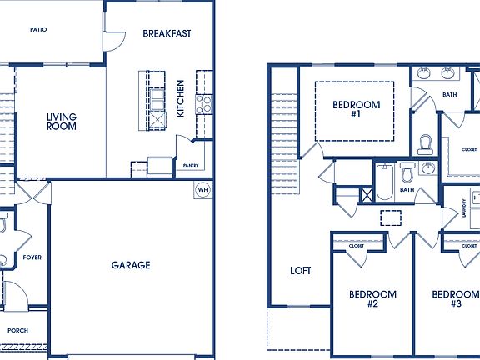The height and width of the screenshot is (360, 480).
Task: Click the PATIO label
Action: (38, 29)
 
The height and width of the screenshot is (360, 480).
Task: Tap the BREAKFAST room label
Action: (167, 34)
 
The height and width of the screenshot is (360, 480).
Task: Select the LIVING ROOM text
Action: (62, 122)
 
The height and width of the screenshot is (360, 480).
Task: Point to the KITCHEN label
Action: (181, 98)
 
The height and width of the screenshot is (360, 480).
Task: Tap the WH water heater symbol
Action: (202, 189)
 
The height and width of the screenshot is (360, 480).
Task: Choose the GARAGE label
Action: (131, 265)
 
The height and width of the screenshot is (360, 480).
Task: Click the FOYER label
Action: (32, 257)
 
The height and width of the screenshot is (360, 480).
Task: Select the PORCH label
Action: (17, 331)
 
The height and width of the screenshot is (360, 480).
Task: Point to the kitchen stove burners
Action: (202, 105)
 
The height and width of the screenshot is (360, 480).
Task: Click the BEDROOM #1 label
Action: (357, 109)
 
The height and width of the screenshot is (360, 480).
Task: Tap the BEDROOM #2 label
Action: (372, 299)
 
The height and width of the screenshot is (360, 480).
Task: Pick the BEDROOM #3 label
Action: (456, 299)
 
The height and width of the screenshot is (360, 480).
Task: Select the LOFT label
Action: (300, 271)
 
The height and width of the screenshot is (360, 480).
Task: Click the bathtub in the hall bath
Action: (384, 182)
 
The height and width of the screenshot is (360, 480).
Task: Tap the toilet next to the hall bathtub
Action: (407, 174)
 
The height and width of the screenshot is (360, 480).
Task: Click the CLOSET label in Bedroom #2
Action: (357, 246)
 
